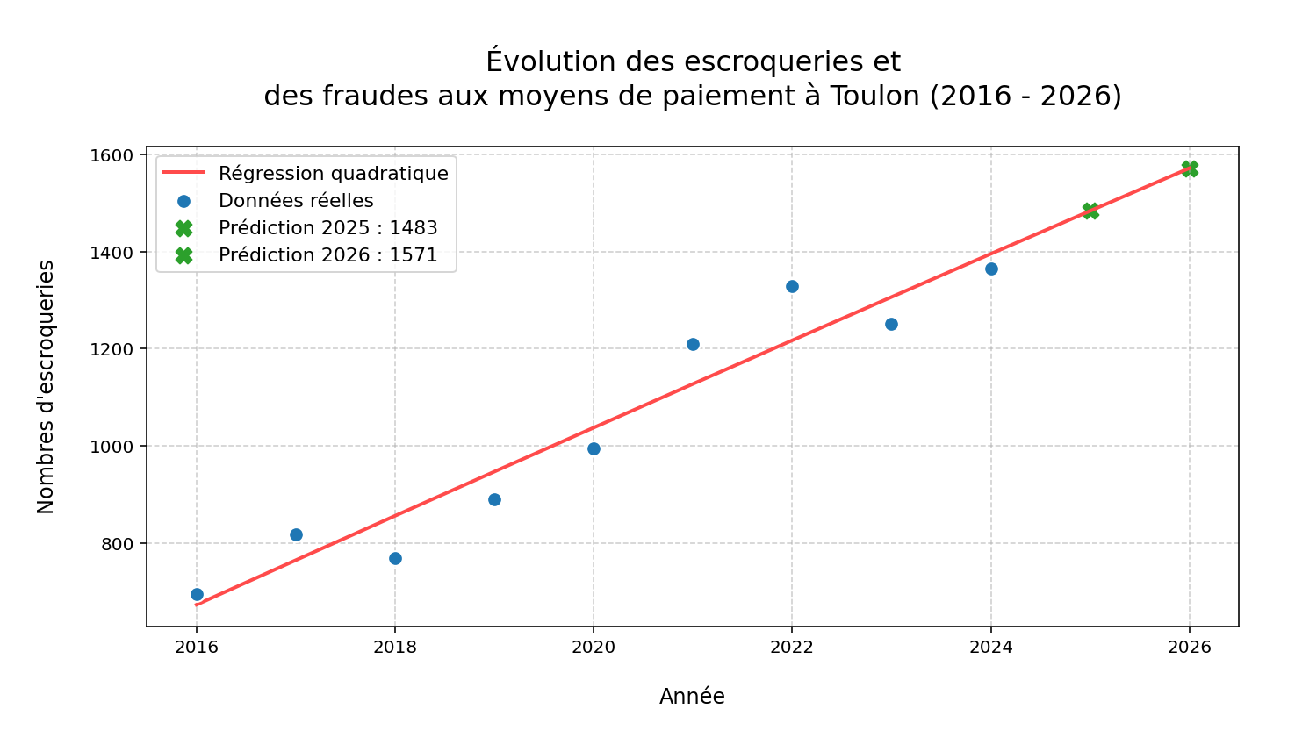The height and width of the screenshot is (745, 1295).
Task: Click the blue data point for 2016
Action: coord(197,594)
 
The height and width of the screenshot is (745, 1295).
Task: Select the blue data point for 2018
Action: coord(395,558)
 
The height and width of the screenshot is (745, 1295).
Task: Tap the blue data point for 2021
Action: coord(693,344)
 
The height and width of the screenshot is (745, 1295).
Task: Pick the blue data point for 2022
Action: coord(792,286)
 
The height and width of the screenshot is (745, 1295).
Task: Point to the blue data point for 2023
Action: coord(891,324)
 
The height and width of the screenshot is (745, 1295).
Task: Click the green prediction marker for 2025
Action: coord(1090,211)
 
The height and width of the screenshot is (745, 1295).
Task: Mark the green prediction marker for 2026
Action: coord(1190,168)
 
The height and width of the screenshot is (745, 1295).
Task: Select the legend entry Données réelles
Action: coord(296,201)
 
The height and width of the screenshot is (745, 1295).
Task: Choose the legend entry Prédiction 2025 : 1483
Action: coord(327,228)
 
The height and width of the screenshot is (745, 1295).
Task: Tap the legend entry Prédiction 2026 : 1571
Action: coord(327,255)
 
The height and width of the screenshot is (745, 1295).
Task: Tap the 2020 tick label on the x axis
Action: coord(594,648)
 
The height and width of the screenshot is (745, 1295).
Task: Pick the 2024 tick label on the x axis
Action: coord(990,648)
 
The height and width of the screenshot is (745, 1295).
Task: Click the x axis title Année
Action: coord(692,697)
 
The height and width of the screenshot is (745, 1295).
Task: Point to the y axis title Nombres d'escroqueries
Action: coord(47,387)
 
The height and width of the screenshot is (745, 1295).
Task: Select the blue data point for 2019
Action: coord(494,499)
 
